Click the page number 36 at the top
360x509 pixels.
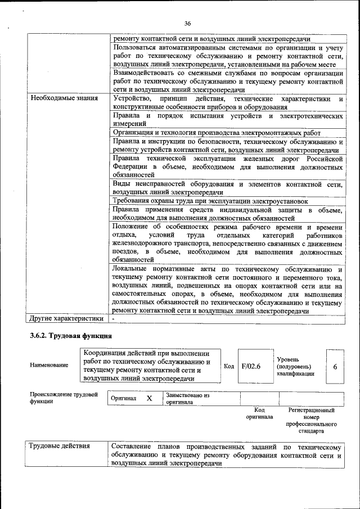click(x=187, y=23)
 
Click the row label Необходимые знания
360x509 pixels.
click(x=64, y=98)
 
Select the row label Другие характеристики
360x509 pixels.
click(x=67, y=318)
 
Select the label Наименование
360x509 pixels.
click(x=49, y=365)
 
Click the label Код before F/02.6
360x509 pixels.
click(x=229, y=366)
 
